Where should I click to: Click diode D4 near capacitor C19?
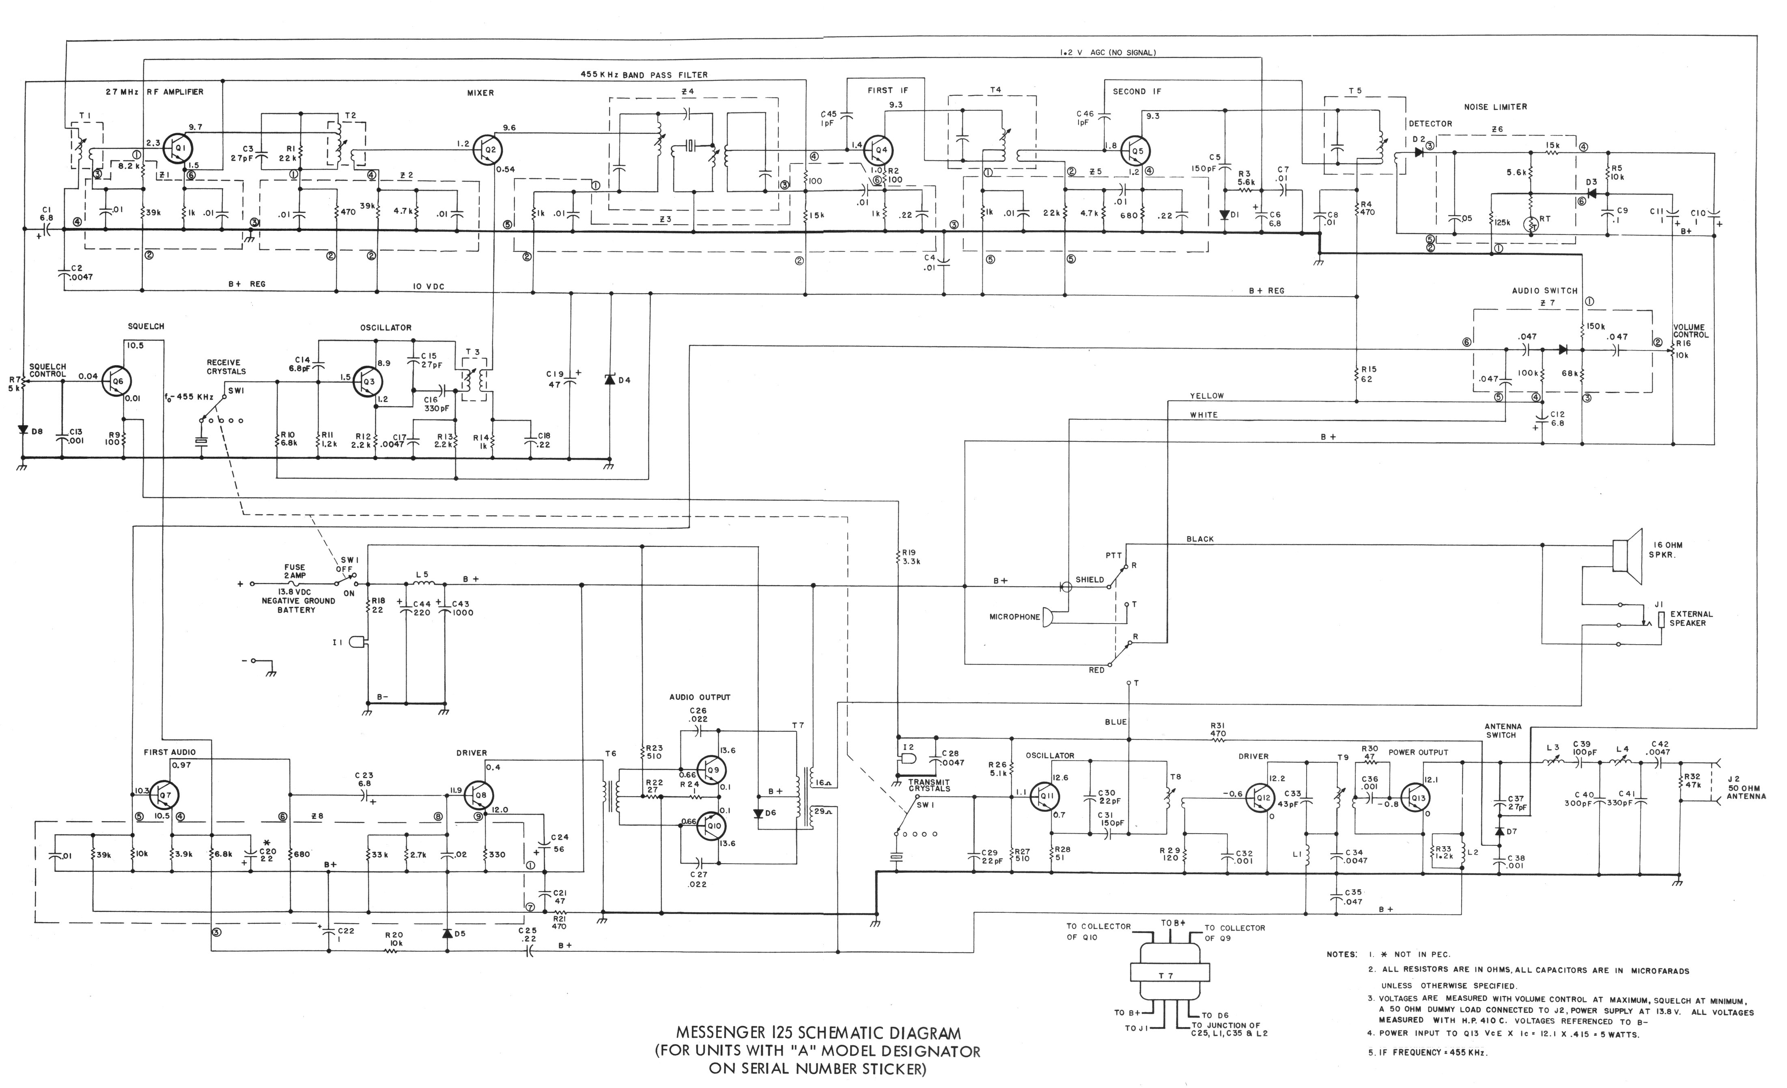[610, 380]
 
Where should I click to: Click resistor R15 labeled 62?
[1356, 374]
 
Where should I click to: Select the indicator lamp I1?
[357, 642]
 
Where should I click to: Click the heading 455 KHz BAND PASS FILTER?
[643, 75]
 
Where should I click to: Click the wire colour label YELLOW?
[1206, 396]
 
